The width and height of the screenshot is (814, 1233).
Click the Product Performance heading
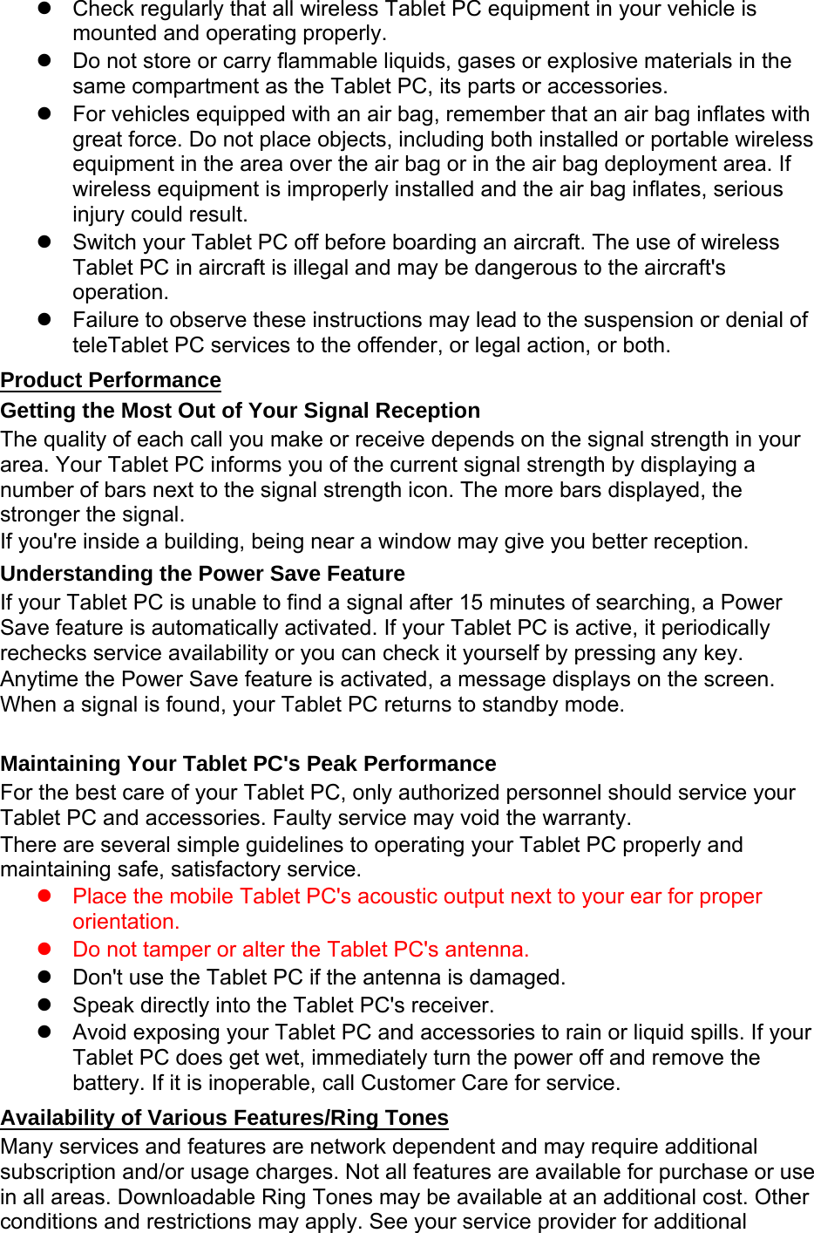[x=111, y=380]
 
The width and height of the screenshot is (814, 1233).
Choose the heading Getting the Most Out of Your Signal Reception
[x=241, y=411]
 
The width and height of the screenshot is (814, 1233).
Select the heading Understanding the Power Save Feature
[x=203, y=574]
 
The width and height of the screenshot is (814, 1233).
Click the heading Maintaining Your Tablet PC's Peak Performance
[x=248, y=764]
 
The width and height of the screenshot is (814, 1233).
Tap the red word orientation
[x=125, y=922]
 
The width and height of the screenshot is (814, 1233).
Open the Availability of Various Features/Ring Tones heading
[x=225, y=1118]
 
